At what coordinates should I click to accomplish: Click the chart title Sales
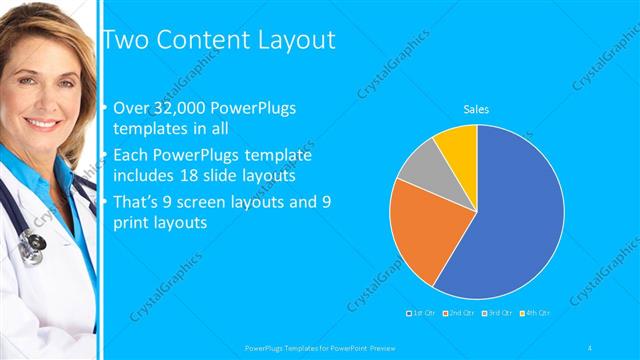(475, 109)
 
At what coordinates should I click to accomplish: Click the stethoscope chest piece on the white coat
(33, 243)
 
